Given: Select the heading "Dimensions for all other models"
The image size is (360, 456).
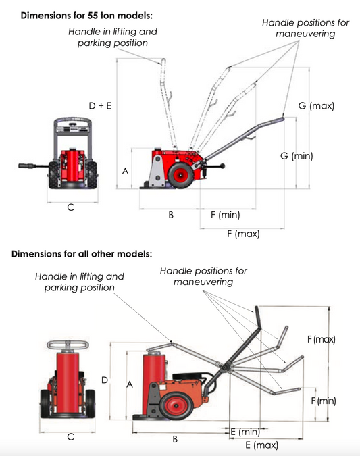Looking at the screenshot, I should [82, 255].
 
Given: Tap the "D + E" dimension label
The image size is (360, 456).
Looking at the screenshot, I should [100, 106].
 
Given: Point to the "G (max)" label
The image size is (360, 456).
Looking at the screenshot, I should [316, 107].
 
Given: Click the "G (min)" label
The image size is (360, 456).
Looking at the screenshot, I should [296, 156].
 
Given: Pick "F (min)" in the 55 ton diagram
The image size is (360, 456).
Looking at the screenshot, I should [225, 215].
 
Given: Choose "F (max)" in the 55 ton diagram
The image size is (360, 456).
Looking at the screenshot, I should [242, 234].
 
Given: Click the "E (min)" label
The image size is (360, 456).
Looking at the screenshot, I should [245, 431].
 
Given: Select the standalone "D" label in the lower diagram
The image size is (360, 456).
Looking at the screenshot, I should [105, 380].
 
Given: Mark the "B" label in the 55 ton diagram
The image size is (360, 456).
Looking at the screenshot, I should [171, 216].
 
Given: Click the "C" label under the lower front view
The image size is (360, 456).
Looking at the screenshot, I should [71, 438].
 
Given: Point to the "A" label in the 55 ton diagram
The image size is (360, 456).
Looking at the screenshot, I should [124, 172].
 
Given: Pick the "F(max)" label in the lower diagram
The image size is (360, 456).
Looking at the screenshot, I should [322, 339].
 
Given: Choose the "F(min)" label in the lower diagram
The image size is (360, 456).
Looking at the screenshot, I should [323, 401].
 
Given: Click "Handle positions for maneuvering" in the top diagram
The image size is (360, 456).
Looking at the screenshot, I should [305, 28].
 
